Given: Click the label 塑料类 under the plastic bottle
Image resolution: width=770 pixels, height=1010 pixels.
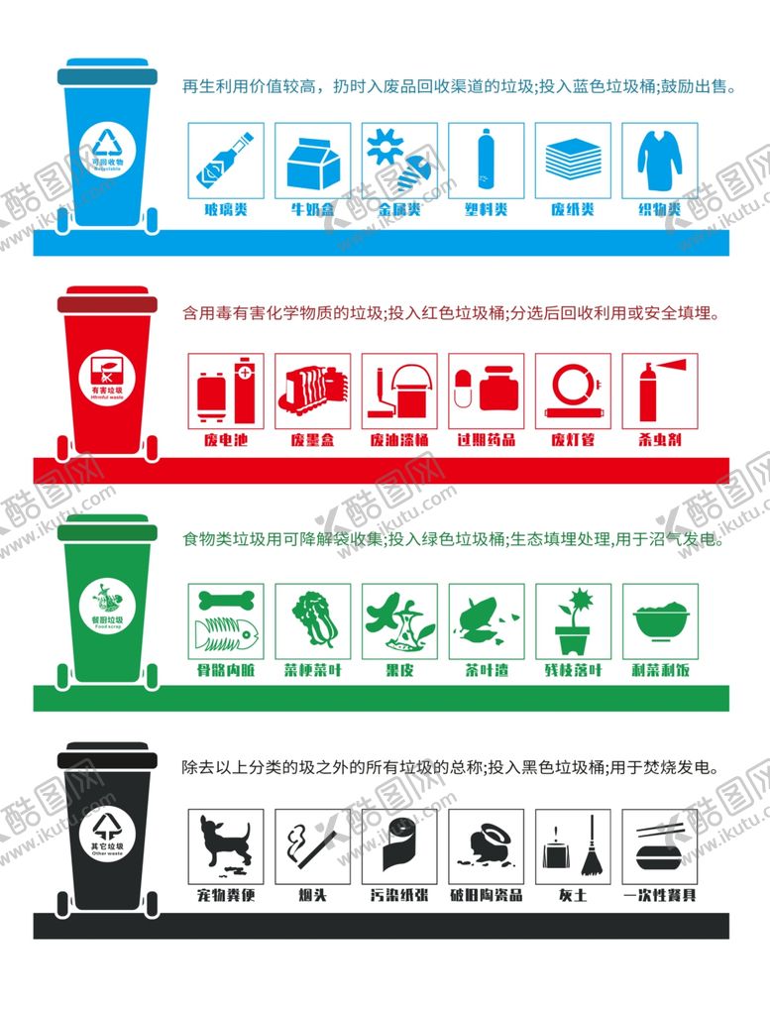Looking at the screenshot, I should point(486,210).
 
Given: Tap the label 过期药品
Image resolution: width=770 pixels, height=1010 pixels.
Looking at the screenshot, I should point(486,439).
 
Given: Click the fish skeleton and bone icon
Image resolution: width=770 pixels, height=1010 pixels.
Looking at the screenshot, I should point(226,620).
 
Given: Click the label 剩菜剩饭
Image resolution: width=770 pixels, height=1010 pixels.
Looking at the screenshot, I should point(659,670).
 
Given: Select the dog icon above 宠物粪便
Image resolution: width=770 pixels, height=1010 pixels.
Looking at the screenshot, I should point(226,847).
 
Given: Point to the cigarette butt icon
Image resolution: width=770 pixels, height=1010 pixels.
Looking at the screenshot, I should point(312,847).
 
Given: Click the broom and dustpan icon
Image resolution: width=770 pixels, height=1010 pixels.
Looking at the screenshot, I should point(572,847).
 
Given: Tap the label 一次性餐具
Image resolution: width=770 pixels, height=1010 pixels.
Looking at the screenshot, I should point(659,896).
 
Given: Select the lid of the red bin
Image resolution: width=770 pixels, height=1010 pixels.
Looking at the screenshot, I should point(107,303).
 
